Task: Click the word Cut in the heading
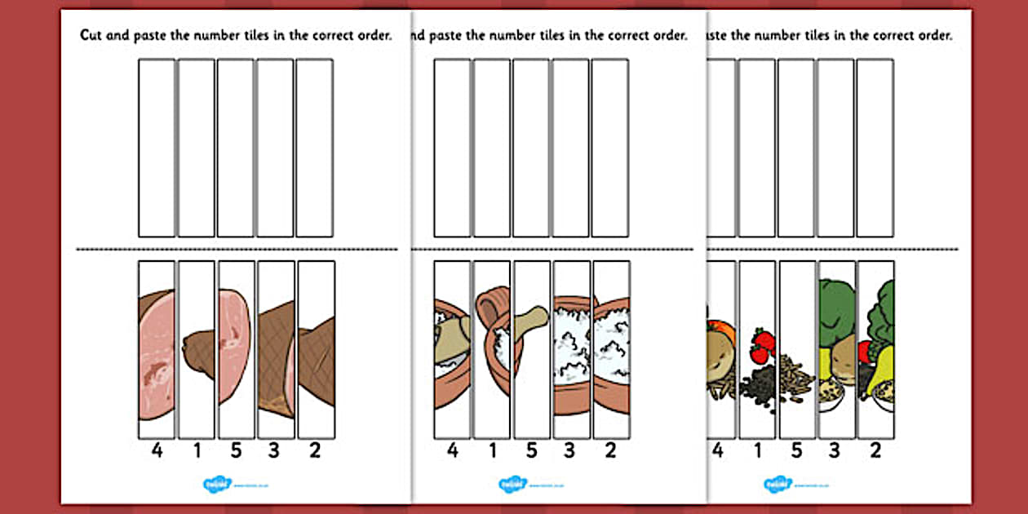(91, 36)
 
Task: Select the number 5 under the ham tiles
(235, 450)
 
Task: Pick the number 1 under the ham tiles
(196, 450)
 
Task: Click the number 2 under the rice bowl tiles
(610, 450)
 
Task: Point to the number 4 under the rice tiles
(452, 450)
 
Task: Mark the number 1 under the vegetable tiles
(758, 450)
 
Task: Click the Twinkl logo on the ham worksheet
(217, 485)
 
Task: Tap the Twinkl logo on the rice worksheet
(513, 485)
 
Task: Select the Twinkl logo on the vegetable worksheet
(778, 485)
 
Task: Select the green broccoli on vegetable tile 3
(835, 306)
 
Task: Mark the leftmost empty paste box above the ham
(157, 147)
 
